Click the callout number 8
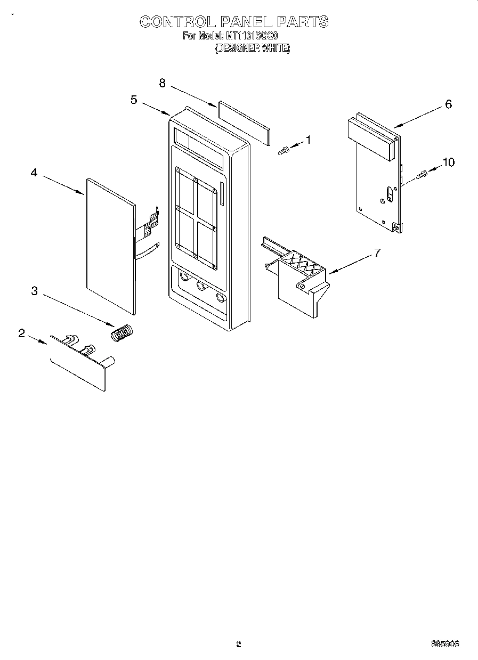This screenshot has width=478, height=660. (x=163, y=83)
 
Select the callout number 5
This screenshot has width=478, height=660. (x=134, y=99)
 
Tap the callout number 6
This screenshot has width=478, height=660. (x=448, y=104)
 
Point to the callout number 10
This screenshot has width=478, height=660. (x=449, y=162)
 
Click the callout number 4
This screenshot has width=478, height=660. (x=34, y=173)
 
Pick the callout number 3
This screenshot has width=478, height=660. (x=34, y=290)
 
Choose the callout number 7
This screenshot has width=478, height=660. (x=377, y=252)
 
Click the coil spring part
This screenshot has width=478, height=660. (x=123, y=333)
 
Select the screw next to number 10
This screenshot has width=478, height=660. (x=422, y=174)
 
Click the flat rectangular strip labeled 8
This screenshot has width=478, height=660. (x=244, y=123)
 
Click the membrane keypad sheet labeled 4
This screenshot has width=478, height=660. (x=109, y=245)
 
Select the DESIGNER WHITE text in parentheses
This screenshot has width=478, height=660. (x=252, y=48)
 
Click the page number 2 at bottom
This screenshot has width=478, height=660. (x=239, y=644)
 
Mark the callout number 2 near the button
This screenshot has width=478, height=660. (x=22, y=333)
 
